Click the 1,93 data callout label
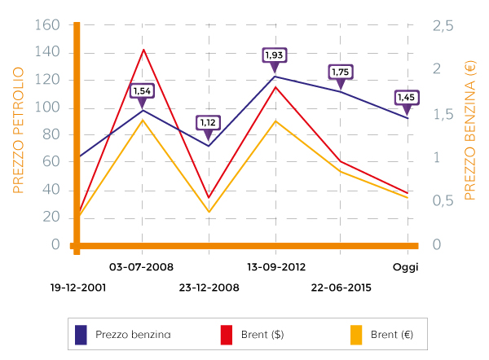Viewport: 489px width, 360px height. (x=274, y=55)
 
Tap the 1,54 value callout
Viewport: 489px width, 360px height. (x=143, y=90)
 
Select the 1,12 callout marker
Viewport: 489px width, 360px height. (x=209, y=122)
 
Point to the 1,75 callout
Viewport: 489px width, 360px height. (x=341, y=72)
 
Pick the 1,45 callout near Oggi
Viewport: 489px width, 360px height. (x=407, y=98)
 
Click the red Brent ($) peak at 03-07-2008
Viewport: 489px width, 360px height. (x=143, y=50)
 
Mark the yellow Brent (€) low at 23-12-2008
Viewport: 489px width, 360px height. (x=209, y=212)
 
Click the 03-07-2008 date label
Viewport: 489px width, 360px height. (x=140, y=266)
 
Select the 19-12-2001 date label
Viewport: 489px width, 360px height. (x=79, y=288)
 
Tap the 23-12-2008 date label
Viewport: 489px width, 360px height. (x=209, y=288)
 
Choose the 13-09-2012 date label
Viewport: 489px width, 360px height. (x=276, y=266)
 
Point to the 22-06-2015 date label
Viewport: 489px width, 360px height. (x=341, y=288)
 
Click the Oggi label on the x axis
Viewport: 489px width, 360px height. (x=405, y=266)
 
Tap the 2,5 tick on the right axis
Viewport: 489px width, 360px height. (x=443, y=27)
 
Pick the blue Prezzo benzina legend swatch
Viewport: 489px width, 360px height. (x=81, y=334)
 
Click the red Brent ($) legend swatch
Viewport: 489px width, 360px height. (x=227, y=334)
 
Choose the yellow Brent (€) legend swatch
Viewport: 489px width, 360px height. (x=356, y=334)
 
